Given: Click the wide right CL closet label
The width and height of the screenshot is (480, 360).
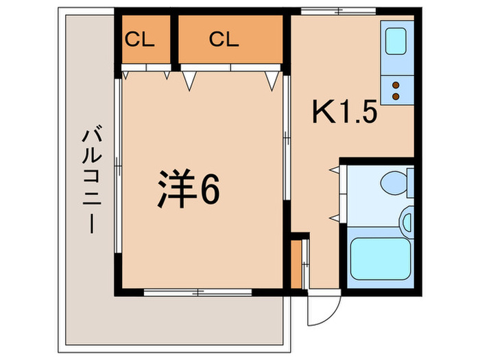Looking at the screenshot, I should point(224,38).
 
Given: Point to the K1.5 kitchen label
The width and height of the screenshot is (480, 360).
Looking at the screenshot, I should point(345,112).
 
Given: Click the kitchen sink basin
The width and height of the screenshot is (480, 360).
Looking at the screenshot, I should point(396,41).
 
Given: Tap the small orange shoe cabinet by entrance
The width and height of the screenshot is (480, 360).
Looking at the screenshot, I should point(296,264).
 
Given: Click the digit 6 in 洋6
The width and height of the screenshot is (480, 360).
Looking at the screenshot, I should point(209,190).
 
